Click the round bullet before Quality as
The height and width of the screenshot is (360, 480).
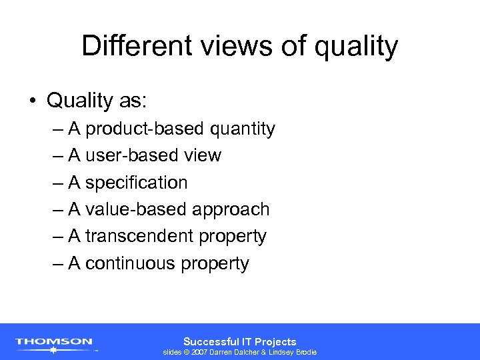tap(32, 101)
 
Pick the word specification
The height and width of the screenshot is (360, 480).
tap(137, 183)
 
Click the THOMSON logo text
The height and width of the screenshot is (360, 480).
tap(54, 341)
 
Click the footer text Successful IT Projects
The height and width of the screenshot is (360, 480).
tap(240, 341)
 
